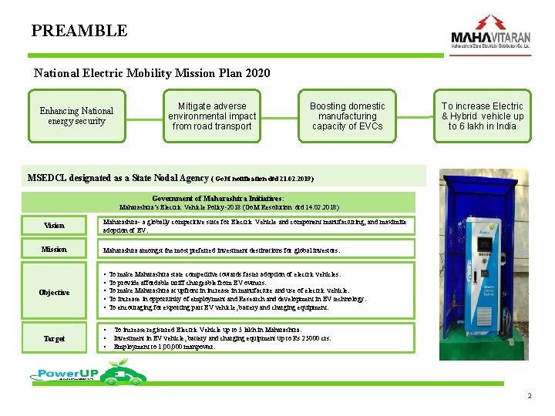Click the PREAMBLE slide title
[x=79, y=31]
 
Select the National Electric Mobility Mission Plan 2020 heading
[x=152, y=74]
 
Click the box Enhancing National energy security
[x=76, y=116]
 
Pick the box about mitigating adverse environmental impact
[x=212, y=116]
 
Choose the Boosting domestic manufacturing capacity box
[x=347, y=116]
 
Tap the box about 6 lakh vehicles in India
[x=482, y=116]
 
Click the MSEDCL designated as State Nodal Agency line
[x=170, y=178]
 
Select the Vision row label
[x=54, y=226]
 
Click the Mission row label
[x=54, y=250]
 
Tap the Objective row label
[x=54, y=292]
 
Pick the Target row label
[x=54, y=338]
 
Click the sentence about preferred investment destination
[x=222, y=250]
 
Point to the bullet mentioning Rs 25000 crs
[x=224, y=338]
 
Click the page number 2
[x=530, y=396]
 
